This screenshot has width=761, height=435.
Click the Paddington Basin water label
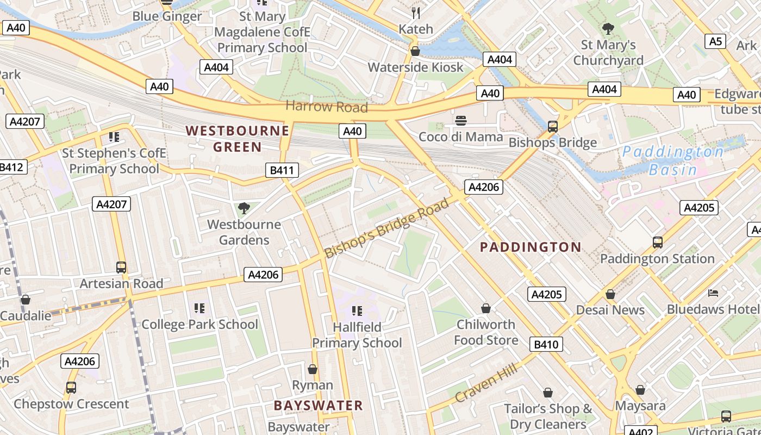[673, 160]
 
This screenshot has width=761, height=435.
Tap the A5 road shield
[715, 41]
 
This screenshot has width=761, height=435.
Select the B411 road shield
[282, 170]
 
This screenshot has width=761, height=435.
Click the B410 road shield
[546, 344]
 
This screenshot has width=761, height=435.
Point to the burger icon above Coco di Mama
[461, 121]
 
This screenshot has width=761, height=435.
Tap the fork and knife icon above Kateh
[416, 13]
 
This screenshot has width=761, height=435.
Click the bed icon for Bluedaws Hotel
[713, 293]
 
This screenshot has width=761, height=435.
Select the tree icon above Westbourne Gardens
[244, 208]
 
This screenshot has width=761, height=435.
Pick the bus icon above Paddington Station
[657, 242]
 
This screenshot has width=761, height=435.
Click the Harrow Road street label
[327, 107]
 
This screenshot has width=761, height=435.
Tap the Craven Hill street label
[486, 383]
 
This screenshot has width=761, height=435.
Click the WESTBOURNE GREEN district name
[238, 139]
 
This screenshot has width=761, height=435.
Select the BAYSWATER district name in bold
[318, 406]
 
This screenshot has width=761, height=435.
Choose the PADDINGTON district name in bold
[531, 247]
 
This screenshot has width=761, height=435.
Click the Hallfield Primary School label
[357, 335]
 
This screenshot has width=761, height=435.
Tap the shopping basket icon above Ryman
[313, 369]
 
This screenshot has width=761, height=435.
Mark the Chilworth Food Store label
[486, 332]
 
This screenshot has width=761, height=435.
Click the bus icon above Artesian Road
[121, 268]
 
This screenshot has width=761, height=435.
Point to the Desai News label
[610, 310]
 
